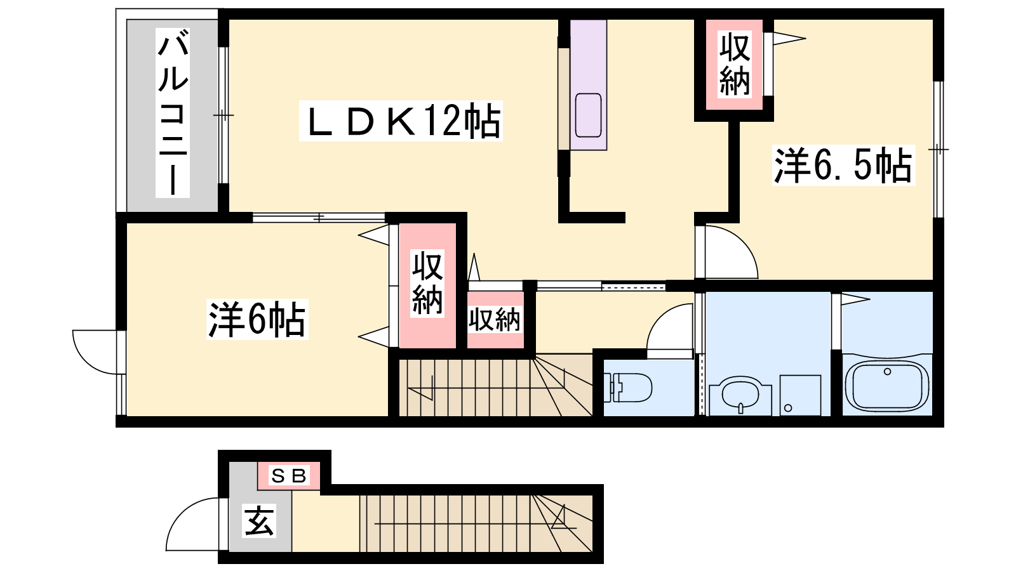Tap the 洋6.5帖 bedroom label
843,165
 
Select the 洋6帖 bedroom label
257,320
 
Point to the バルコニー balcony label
173,114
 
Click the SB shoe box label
289,476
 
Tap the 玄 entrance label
259,521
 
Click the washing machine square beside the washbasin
801,395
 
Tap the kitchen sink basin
588,115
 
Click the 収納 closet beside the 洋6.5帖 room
734,64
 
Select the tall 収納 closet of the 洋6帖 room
427,285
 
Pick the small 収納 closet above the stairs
495,320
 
